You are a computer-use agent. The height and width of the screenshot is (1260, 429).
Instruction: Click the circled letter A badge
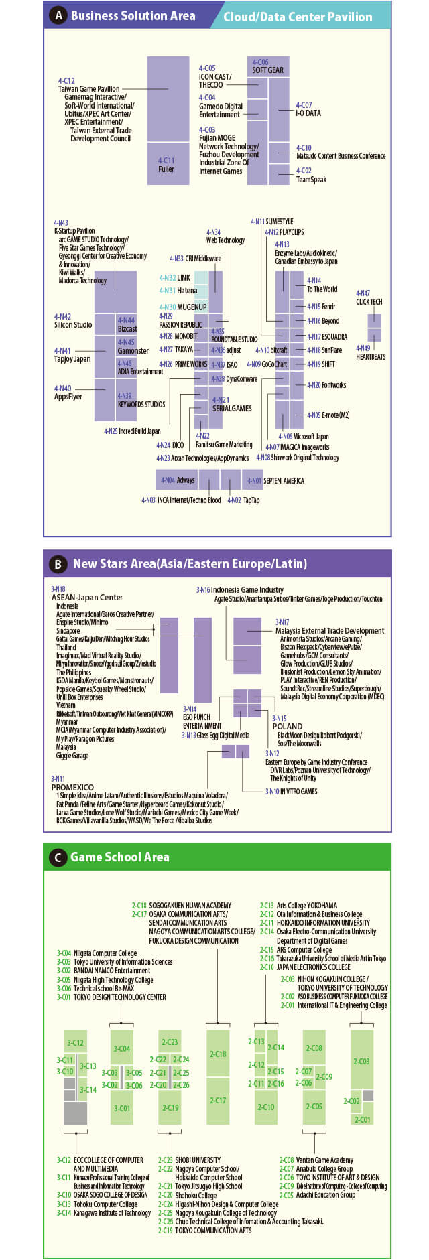click(x=59, y=15)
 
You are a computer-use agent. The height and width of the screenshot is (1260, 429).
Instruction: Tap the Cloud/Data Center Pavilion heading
click(x=298, y=17)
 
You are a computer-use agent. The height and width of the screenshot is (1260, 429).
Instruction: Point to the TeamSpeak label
click(x=311, y=180)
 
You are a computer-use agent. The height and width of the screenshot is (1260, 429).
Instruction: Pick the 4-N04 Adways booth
click(x=177, y=480)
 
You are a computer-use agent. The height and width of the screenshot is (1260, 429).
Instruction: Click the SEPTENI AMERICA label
click(x=284, y=481)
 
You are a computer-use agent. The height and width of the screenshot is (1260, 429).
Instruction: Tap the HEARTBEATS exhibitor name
click(x=371, y=357)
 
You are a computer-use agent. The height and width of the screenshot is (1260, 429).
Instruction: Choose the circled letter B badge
click(x=58, y=564)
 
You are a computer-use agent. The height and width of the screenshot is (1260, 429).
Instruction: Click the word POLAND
click(x=287, y=726)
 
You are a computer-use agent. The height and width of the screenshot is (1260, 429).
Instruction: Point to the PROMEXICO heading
click(x=72, y=788)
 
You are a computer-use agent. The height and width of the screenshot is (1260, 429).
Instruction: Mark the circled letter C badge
click(x=58, y=857)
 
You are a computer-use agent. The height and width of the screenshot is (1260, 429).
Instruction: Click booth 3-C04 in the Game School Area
click(x=122, y=1048)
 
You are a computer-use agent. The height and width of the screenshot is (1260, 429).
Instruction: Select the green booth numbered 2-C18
click(x=218, y=1054)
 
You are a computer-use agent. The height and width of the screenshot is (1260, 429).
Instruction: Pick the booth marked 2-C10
click(x=267, y=1107)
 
